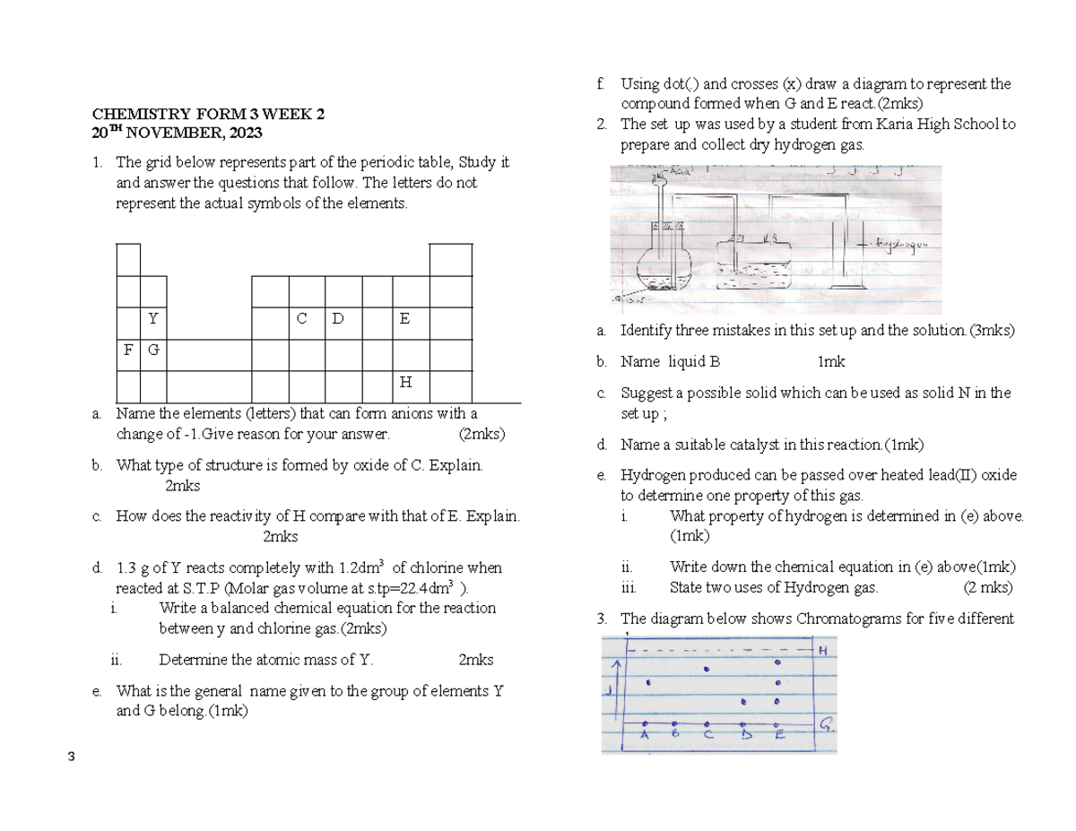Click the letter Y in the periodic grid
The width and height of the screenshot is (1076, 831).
click(153, 319)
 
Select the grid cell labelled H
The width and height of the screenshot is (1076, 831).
click(405, 382)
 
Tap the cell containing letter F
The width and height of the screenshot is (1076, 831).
click(127, 350)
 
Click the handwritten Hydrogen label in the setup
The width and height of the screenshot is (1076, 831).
click(901, 243)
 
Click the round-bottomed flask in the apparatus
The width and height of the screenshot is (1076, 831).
click(665, 265)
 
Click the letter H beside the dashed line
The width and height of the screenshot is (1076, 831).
click(821, 652)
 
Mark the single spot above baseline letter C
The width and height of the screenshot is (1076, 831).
click(708, 669)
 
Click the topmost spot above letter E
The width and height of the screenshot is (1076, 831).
click(778, 662)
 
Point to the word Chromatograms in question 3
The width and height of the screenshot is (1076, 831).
click(838, 618)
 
